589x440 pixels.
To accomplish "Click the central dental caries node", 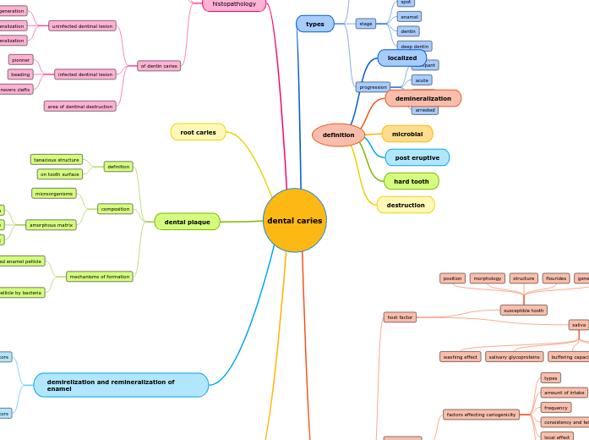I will (x=294, y=220).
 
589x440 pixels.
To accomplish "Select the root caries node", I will (x=198, y=132).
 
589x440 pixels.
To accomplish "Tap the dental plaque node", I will (x=187, y=222).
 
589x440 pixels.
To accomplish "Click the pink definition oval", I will (x=338, y=135).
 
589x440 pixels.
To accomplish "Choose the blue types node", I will (x=314, y=24).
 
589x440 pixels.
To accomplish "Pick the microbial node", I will (x=406, y=134).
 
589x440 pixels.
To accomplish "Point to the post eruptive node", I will (x=417, y=157).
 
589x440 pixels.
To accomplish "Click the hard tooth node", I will (x=411, y=181).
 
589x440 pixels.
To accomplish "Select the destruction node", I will (x=406, y=205).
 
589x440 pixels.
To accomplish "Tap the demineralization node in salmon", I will (x=423, y=98).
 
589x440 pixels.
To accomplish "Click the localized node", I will (x=401, y=58).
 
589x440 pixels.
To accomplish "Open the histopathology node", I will (x=234, y=4).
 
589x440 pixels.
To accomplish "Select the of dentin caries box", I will (x=158, y=65).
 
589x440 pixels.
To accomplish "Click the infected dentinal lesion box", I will (x=85, y=74).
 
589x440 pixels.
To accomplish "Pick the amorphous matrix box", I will (x=52, y=225).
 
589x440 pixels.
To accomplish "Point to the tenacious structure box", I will (x=57, y=159).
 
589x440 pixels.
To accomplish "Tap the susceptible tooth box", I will (x=523, y=311).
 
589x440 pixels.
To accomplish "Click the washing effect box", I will (x=460, y=357).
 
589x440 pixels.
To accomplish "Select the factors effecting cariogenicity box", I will (x=481, y=415).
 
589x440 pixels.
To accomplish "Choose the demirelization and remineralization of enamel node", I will (x=121, y=385).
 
